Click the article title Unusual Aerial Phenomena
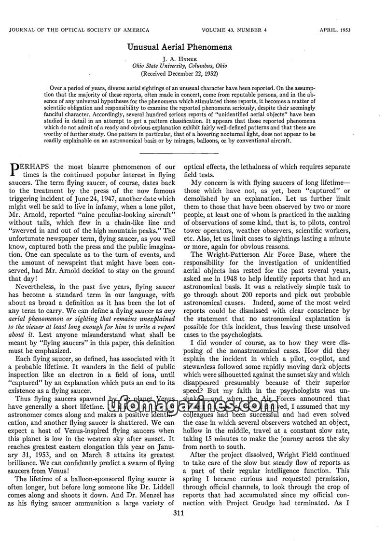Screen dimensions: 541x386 [179, 47]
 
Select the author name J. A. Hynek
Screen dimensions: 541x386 [179, 58]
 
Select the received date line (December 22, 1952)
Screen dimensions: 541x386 [179, 74]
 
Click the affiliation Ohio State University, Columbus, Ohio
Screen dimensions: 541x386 [179, 66]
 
